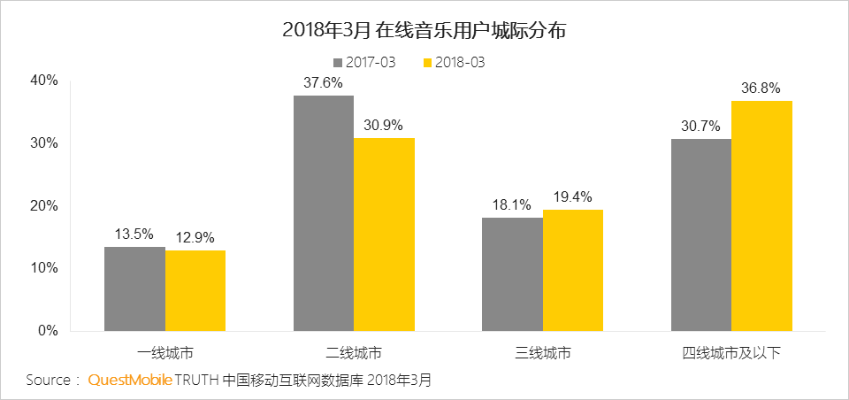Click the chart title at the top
click(x=424, y=31)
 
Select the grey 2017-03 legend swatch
click(x=338, y=63)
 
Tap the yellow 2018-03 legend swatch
click(x=429, y=63)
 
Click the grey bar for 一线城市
click(x=134, y=288)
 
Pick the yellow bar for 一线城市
click(x=195, y=290)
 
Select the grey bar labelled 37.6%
click(x=324, y=213)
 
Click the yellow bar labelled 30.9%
click(x=384, y=235)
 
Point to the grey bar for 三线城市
click(x=512, y=274)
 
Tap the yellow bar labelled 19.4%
click(x=573, y=270)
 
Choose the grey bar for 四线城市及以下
click(x=701, y=235)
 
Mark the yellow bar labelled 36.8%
click(x=762, y=216)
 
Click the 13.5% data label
click(x=134, y=235)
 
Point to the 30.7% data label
click(x=701, y=127)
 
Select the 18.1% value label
click(x=512, y=205)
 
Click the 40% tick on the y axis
click(x=44, y=81)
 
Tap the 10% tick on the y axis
click(x=44, y=268)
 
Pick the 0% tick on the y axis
click(x=48, y=331)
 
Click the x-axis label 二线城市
click(x=354, y=352)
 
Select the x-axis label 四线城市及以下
click(x=731, y=352)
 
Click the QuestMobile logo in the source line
click(x=129, y=381)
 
